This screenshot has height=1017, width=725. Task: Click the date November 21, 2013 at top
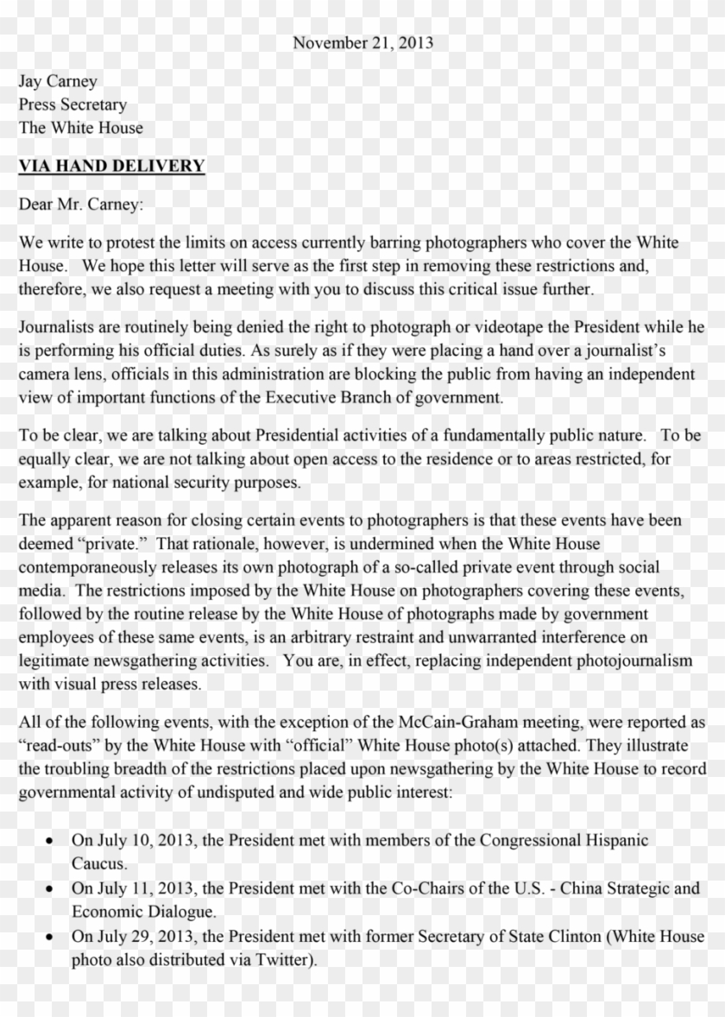[362, 42]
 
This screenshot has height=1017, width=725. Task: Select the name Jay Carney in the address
[58, 81]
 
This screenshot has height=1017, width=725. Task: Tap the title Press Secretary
[73, 104]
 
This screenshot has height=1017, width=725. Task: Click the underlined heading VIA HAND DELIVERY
[112, 166]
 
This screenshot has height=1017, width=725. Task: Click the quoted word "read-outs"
[57, 745]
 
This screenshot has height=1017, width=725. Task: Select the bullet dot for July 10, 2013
[53, 840]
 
